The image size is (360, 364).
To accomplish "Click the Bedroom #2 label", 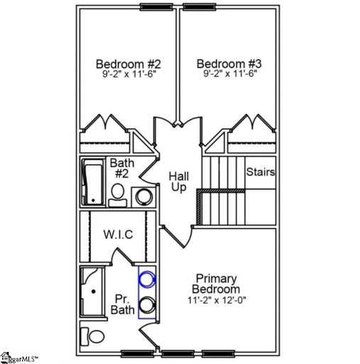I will pyautogui.click(x=124, y=63).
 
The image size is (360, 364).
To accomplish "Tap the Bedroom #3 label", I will pyautogui.click(x=226, y=63).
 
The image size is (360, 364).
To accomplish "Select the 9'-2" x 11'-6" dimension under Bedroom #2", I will pyautogui.click(x=124, y=73).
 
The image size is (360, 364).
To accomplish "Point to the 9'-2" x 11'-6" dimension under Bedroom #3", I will pyautogui.click(x=226, y=73).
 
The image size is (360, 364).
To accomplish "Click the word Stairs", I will pyautogui.click(x=261, y=172).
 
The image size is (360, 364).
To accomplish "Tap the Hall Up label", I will pyautogui.click(x=178, y=181).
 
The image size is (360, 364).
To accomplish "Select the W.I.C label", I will pyautogui.click(x=118, y=234).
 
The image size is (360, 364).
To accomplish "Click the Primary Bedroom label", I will pyautogui.click(x=217, y=284).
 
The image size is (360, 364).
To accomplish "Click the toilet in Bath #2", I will pyautogui.click(x=119, y=194).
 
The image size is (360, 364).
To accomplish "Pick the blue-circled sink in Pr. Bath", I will pyautogui.click(x=148, y=282).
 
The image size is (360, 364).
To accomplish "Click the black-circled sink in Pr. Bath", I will pyautogui.click(x=148, y=305).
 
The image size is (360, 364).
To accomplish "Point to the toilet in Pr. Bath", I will pyautogui.click(x=90, y=336).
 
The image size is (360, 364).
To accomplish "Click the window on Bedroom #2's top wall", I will pyautogui.click(x=158, y=8).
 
